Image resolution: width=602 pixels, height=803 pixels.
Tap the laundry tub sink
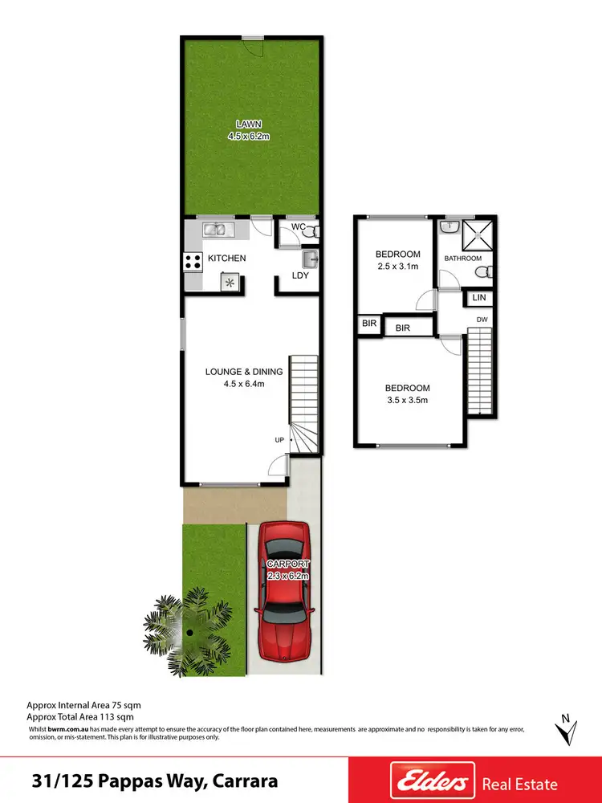pyautogui.click(x=309, y=259)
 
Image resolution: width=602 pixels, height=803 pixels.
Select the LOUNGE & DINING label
pyautogui.click(x=244, y=371)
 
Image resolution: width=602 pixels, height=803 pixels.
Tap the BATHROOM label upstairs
pyautogui.click(x=463, y=259)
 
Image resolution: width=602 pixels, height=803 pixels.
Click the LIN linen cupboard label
pyautogui.click(x=480, y=298)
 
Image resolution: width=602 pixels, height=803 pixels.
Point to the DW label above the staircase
pyautogui.click(x=482, y=320)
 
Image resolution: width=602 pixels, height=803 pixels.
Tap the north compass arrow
pyautogui.click(x=567, y=731)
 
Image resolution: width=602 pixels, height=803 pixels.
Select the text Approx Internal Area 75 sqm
pyautogui.click(x=77, y=703)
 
